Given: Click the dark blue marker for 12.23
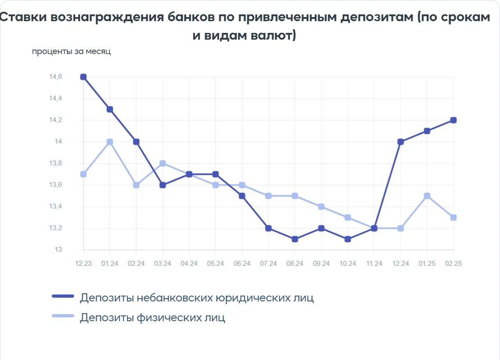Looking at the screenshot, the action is coord(83,77).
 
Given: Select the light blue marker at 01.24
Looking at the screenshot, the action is coord(110,142).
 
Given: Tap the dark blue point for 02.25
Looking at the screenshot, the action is coord(454,120).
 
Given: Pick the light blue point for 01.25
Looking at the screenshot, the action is coord(427,196).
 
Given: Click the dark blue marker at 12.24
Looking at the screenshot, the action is coord(401,142).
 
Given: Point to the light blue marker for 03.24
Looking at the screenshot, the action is coord(163,164).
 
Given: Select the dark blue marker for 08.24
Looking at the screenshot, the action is coord(295,239).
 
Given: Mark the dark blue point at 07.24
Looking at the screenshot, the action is coord(268,228).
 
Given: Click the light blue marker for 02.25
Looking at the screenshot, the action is coord(454,218).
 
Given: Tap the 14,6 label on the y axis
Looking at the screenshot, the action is coord(55,77).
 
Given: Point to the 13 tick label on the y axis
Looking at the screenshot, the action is coord(59,250).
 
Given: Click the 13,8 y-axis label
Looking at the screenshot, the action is coord(55,163).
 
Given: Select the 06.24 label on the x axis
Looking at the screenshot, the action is coord(242,264).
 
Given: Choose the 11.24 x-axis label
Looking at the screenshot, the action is coord(374,264).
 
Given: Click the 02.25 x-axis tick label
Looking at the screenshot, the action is coord(454,264).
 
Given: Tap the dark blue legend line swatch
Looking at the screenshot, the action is coord(63,296).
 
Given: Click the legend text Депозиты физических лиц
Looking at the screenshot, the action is coord(152,318).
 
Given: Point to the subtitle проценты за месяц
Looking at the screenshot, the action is coord(71,52).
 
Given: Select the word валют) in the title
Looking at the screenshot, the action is coord(273,35).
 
